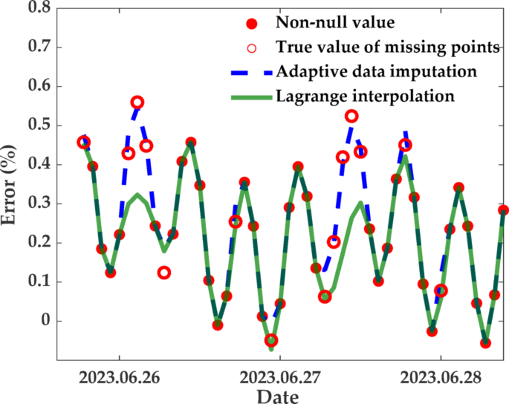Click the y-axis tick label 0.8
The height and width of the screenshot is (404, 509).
[x=38, y=8]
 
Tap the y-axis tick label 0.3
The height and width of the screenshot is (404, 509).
[x=38, y=203]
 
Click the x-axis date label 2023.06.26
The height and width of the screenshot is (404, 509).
[x=119, y=377]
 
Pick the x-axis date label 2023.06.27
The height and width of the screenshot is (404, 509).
[x=279, y=377]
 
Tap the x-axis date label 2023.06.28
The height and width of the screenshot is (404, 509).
[x=440, y=377]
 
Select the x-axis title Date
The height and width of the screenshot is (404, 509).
[x=279, y=395]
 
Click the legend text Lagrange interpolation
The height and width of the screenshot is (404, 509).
[x=365, y=97]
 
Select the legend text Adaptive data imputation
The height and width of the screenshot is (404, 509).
[x=377, y=72]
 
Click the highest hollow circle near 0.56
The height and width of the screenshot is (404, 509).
[x=137, y=102]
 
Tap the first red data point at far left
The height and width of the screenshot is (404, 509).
[x=84, y=142]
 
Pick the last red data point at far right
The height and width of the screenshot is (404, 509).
[x=503, y=210]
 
